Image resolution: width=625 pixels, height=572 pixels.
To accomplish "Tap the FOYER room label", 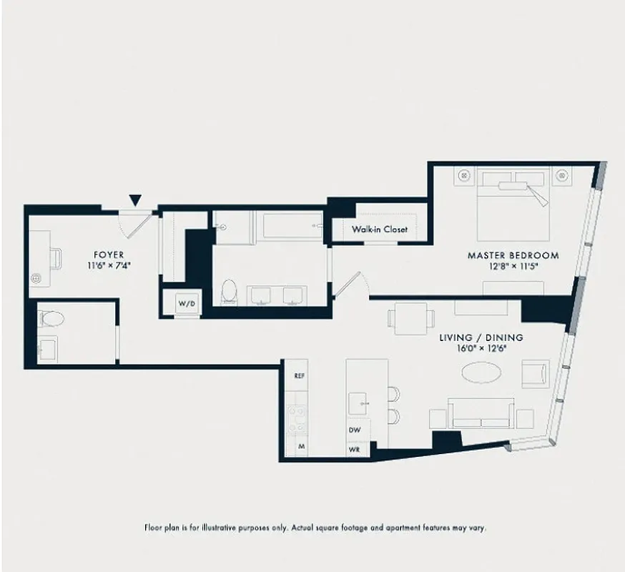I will (x=109, y=255).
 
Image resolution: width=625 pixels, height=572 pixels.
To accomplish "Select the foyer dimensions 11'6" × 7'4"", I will (x=109, y=265).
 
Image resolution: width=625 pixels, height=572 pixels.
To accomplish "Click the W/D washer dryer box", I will (x=186, y=304).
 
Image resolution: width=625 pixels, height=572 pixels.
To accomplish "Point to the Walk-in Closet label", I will (x=379, y=230).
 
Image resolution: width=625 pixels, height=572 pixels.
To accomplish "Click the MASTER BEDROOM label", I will (x=513, y=255).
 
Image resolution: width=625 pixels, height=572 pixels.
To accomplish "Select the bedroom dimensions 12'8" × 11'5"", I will (x=513, y=265).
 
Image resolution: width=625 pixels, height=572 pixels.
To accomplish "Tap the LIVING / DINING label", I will (x=481, y=337).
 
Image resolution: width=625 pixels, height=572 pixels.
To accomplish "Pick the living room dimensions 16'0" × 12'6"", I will (x=481, y=348).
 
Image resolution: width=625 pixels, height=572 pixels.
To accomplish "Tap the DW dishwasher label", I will (x=354, y=430).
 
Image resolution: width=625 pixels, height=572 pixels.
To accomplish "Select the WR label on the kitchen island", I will (x=354, y=450).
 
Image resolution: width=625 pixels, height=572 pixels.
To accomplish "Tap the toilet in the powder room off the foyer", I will (x=51, y=317).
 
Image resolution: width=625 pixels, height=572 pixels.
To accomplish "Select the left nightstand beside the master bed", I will (x=464, y=174).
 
